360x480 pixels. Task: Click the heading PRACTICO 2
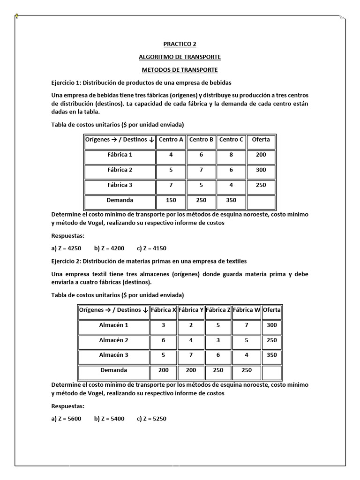tap(180, 44)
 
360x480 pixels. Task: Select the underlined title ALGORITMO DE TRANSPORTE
tap(180, 57)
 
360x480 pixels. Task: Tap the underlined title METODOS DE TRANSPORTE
tap(180, 70)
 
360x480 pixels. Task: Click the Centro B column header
tap(201, 140)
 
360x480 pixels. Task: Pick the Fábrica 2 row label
tap(120, 170)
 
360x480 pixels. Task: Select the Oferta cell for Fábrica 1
tap(261, 155)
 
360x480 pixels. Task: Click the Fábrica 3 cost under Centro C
tap(231, 185)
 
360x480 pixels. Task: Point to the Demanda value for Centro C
tap(231, 200)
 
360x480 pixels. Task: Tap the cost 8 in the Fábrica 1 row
tap(231, 155)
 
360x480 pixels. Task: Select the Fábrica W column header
tap(247, 310)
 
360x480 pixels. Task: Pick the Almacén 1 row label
tap(113, 325)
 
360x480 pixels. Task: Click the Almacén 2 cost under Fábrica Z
tap(218, 340)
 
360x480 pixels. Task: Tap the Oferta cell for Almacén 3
tap(271, 355)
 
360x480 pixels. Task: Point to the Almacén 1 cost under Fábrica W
tap(247, 325)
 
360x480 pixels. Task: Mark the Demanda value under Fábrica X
tap(163, 370)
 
